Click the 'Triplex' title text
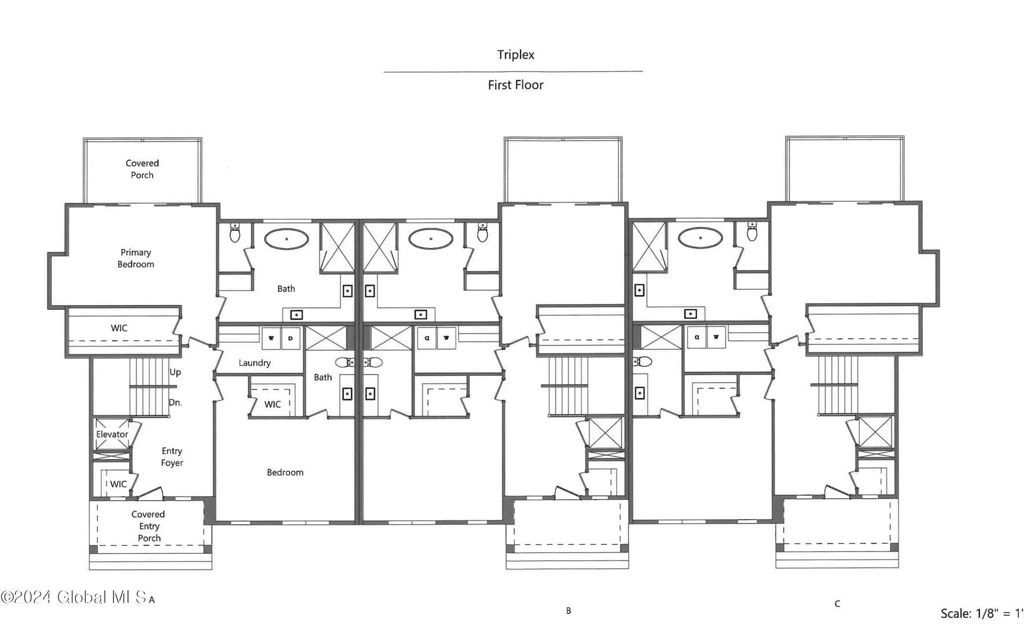(515, 55)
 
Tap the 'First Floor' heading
(515, 85)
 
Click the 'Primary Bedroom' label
(136, 258)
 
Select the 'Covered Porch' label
(142, 169)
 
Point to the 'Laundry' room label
(255, 363)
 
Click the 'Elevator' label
(112, 434)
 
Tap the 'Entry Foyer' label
(172, 457)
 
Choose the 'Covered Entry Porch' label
(148, 526)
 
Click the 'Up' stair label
(175, 372)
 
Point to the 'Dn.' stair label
(175, 402)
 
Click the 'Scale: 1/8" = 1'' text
(982, 613)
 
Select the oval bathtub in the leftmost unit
(287, 239)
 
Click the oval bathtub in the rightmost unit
(701, 237)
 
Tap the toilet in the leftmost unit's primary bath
(235, 233)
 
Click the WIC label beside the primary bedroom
(119, 328)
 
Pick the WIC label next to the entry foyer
(118, 484)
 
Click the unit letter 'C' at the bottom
(837, 604)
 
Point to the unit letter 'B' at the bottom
(569, 611)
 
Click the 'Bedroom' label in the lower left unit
(285, 472)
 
